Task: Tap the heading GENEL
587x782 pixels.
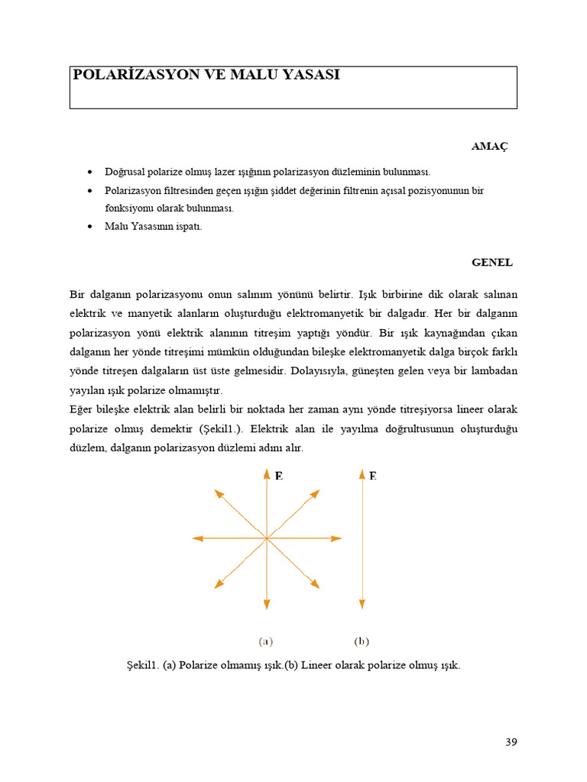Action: click(x=491, y=262)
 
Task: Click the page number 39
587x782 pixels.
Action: click(x=511, y=742)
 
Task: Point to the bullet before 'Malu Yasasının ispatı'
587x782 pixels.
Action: click(x=90, y=227)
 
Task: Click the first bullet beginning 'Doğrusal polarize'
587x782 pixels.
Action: click(x=90, y=172)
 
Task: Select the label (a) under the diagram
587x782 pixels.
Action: click(x=266, y=641)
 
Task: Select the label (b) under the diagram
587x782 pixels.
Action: click(x=362, y=641)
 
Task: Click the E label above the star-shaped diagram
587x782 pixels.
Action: click(x=279, y=476)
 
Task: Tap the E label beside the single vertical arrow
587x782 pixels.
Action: click(x=373, y=476)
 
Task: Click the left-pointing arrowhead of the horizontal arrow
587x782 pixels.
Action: click(x=197, y=538)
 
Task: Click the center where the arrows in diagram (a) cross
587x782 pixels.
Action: click(x=266, y=538)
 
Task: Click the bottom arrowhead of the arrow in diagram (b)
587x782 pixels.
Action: click(x=361, y=605)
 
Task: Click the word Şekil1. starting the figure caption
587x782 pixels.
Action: click(x=142, y=665)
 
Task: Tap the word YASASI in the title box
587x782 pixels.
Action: click(x=312, y=75)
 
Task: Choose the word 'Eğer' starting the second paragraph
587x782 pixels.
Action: click(x=82, y=409)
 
